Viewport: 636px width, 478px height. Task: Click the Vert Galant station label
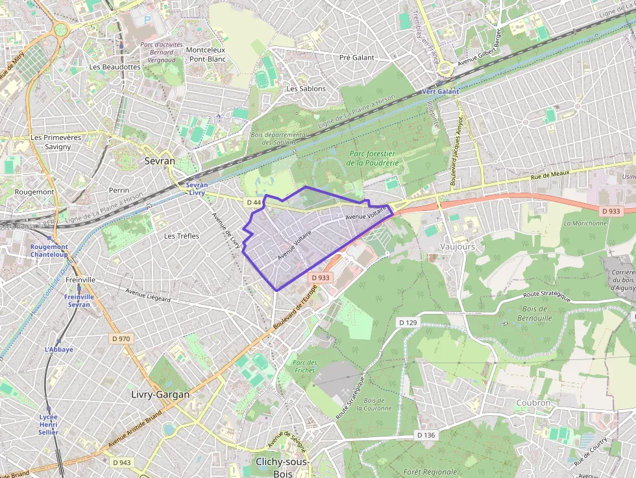440,91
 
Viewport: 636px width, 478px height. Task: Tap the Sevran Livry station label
197,189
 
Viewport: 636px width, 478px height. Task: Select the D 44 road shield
254,203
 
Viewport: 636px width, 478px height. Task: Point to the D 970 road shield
121,339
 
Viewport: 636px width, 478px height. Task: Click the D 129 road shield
408,322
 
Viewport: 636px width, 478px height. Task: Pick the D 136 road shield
425,435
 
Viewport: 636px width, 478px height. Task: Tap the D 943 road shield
121,462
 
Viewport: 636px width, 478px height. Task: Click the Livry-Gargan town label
160,394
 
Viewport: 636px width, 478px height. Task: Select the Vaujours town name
458,247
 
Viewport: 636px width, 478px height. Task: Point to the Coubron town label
533,403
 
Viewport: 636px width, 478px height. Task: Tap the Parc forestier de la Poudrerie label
373,158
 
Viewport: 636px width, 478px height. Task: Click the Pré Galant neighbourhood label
357,58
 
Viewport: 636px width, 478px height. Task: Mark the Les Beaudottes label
115,67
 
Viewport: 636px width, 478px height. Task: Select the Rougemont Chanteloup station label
49,250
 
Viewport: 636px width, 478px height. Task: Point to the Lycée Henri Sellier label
48,424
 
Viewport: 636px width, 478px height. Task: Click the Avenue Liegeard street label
148,295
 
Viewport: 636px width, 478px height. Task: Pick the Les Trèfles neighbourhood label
182,235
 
